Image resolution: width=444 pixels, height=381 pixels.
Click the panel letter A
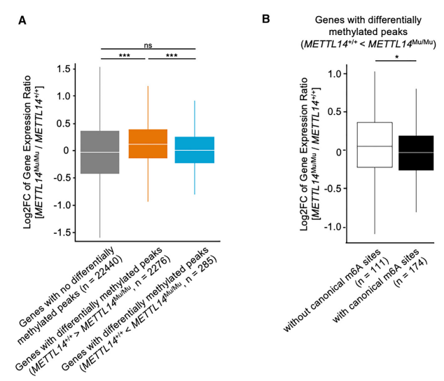[22, 21]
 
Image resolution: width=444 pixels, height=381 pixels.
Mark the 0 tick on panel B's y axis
[345, 151]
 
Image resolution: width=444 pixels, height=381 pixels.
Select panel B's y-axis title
[312, 151]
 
